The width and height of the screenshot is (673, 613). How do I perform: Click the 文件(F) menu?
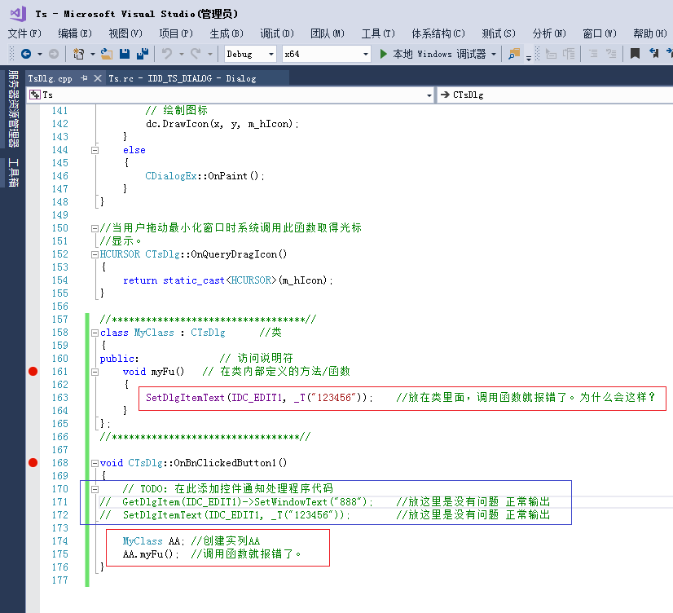[24, 33]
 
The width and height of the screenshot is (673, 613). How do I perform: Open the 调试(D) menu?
[277, 33]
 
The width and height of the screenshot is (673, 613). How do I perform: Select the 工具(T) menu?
[378, 33]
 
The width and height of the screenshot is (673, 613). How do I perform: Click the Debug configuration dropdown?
[250, 54]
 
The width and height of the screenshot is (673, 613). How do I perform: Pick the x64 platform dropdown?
[326, 54]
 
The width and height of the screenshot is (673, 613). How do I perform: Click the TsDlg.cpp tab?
[51, 78]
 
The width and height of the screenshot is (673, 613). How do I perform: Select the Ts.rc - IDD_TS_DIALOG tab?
[182, 78]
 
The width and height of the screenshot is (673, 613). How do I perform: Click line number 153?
[59, 267]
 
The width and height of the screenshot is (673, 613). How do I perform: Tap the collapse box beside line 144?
[95, 150]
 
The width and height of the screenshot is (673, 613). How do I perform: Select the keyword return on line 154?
[140, 280]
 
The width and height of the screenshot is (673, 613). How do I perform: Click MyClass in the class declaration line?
[154, 333]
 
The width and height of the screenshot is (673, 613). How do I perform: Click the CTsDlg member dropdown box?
[554, 95]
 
